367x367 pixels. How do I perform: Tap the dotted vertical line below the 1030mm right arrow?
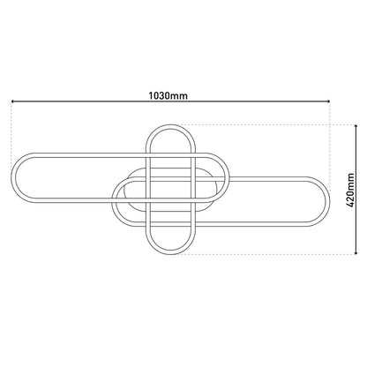[329, 132]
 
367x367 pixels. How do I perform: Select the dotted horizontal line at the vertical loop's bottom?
[265, 254]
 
